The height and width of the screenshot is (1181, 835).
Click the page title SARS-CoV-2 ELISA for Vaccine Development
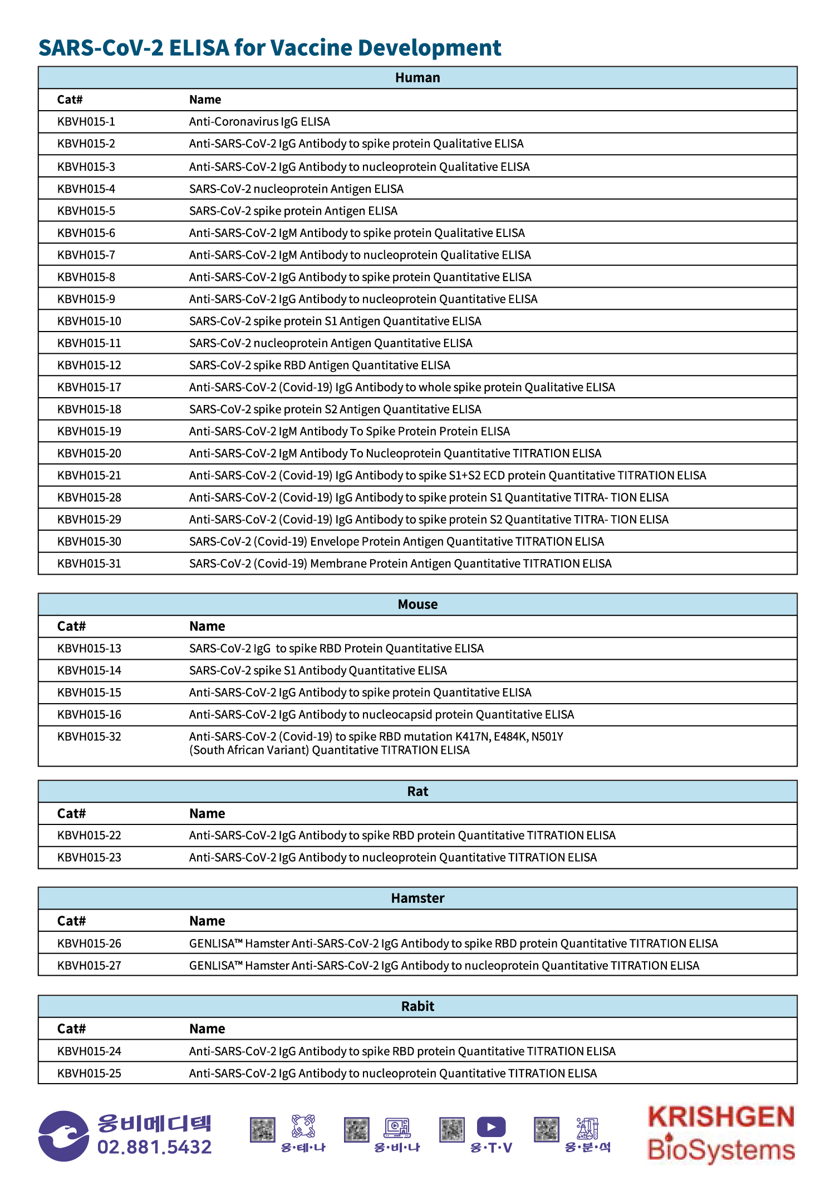269,48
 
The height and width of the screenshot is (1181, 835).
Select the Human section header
417,78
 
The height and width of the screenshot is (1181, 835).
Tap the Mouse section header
417,605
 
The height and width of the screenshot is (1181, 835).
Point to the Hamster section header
417,898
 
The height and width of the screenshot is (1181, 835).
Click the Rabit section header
417,1006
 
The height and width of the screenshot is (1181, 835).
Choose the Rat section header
417,792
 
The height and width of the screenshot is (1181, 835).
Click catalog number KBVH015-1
86,122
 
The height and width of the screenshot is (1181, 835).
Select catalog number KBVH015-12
89,365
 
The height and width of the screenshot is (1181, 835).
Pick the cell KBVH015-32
89,737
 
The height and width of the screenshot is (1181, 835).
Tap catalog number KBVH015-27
89,966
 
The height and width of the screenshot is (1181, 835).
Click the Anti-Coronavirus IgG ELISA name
259,122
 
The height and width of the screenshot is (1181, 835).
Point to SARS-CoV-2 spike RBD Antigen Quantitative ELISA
320,365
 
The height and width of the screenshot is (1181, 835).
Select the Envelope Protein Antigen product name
396,542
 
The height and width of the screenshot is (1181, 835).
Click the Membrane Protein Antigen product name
400,564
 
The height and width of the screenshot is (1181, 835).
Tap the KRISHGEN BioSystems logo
721,1134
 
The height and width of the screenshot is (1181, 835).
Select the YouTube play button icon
491,1127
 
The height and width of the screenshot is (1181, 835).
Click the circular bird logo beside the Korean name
63,1136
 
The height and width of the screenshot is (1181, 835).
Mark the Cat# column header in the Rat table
71,814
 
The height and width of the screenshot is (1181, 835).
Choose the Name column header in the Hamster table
207,921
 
